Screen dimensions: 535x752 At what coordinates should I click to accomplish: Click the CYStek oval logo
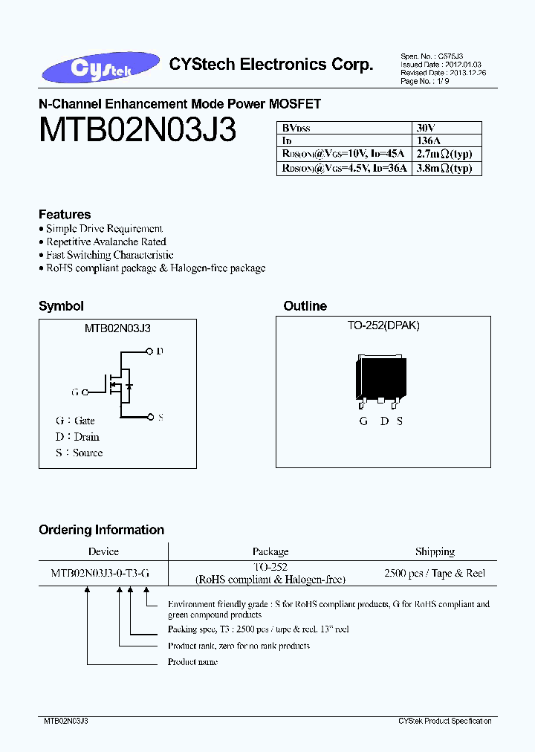[x=100, y=68]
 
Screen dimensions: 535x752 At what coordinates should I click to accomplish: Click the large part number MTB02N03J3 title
[x=137, y=132]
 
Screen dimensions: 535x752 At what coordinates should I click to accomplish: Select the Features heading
[x=65, y=214]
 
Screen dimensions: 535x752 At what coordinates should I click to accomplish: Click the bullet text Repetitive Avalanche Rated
[x=106, y=242]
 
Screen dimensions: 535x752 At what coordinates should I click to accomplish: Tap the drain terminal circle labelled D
[x=149, y=351]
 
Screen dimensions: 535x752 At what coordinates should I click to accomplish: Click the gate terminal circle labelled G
[x=85, y=392]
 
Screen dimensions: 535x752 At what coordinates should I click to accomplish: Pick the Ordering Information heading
[x=101, y=530]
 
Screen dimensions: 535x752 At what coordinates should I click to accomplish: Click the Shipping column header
[x=435, y=551]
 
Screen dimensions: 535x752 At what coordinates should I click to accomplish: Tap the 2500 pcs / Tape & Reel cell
[x=435, y=573]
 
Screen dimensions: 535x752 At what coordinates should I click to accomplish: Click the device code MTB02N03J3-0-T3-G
[x=100, y=573]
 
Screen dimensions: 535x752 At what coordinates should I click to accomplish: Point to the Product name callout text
[x=192, y=662]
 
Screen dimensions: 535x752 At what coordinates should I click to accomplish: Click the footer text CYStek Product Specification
[x=444, y=722]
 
